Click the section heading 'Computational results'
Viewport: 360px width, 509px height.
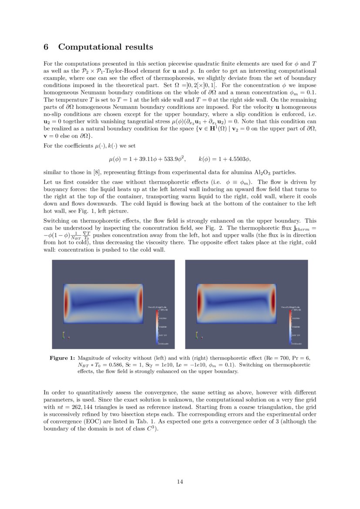[x=105, y=47]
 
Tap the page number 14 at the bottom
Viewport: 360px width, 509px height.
[x=180, y=481]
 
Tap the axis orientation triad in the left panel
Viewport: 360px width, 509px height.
[x=65, y=335]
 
